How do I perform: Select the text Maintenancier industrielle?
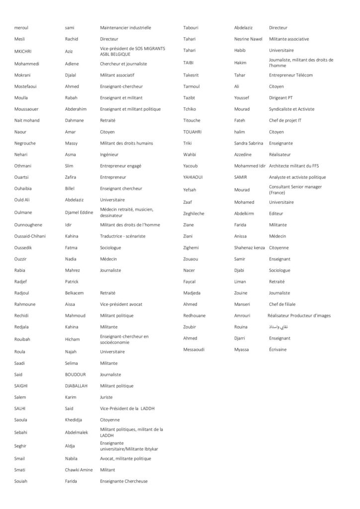tap(125, 28)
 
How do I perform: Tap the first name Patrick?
tap(72, 281)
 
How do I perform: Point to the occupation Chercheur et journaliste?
tap(123, 64)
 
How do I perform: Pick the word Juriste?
tap(106, 397)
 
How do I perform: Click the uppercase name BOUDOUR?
tap(76, 374)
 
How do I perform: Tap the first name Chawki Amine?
tap(79, 469)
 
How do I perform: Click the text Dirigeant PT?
tap(281, 98)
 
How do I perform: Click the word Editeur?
tap(276, 213)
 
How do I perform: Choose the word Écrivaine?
tap(277, 349)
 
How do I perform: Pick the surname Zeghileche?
tap(193, 213)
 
